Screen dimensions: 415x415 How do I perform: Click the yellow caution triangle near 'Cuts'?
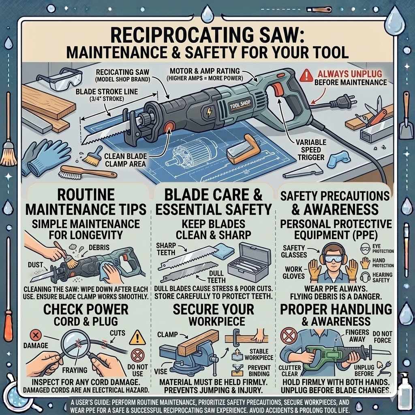[137, 337]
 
